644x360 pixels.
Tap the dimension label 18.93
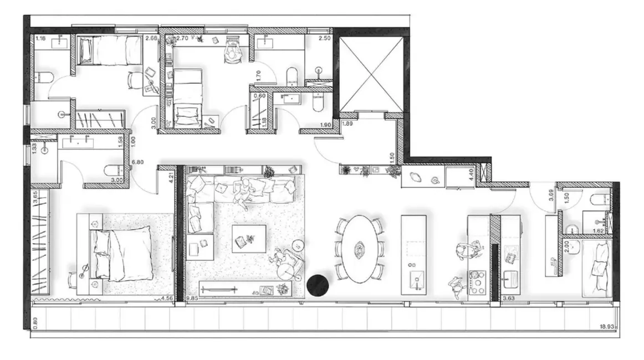click(608, 327)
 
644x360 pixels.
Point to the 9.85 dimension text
click(192, 299)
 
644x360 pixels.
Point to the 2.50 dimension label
click(325, 39)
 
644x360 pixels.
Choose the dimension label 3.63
click(509, 299)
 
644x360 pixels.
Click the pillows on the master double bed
click(102, 251)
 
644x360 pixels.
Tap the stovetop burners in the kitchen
click(477, 282)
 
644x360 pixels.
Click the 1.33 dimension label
click(34, 148)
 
